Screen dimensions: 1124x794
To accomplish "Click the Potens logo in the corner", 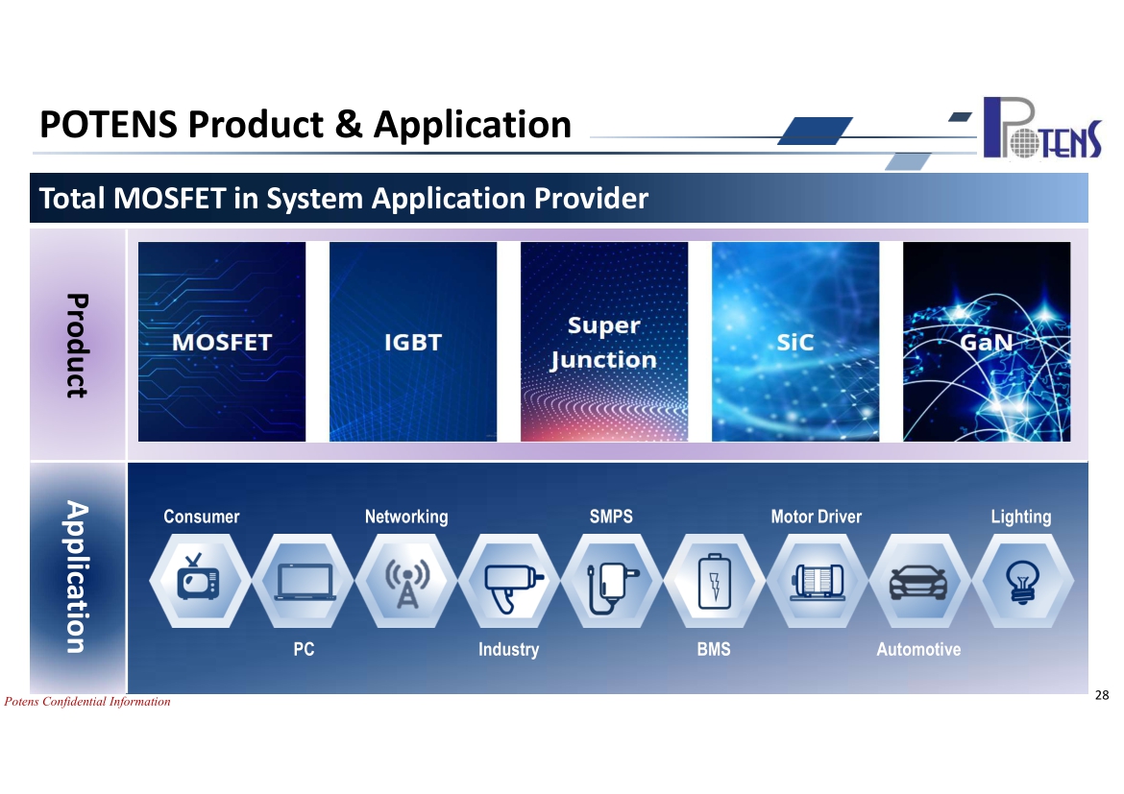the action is [1042, 128].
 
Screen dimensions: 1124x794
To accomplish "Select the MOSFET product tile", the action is [222, 342].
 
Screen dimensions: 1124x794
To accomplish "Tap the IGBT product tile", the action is [413, 342].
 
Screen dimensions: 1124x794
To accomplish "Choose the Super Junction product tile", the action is [604, 342].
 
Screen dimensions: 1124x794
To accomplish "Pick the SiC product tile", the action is [795, 342].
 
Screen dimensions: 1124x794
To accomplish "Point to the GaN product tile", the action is [987, 342].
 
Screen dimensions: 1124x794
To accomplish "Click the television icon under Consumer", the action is [199, 577].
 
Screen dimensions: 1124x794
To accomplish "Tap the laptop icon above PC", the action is [305, 582].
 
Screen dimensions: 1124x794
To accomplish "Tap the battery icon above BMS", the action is [715, 582].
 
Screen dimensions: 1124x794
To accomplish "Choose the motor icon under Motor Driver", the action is [818, 582].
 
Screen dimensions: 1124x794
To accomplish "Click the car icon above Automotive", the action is [918, 582].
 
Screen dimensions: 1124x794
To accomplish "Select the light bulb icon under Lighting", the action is [1022, 582].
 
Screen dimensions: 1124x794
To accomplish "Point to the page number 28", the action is [1102, 695].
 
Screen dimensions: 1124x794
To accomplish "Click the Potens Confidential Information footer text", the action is [87, 702].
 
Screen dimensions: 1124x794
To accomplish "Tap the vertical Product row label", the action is [77, 346].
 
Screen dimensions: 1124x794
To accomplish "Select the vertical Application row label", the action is [77, 577].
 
